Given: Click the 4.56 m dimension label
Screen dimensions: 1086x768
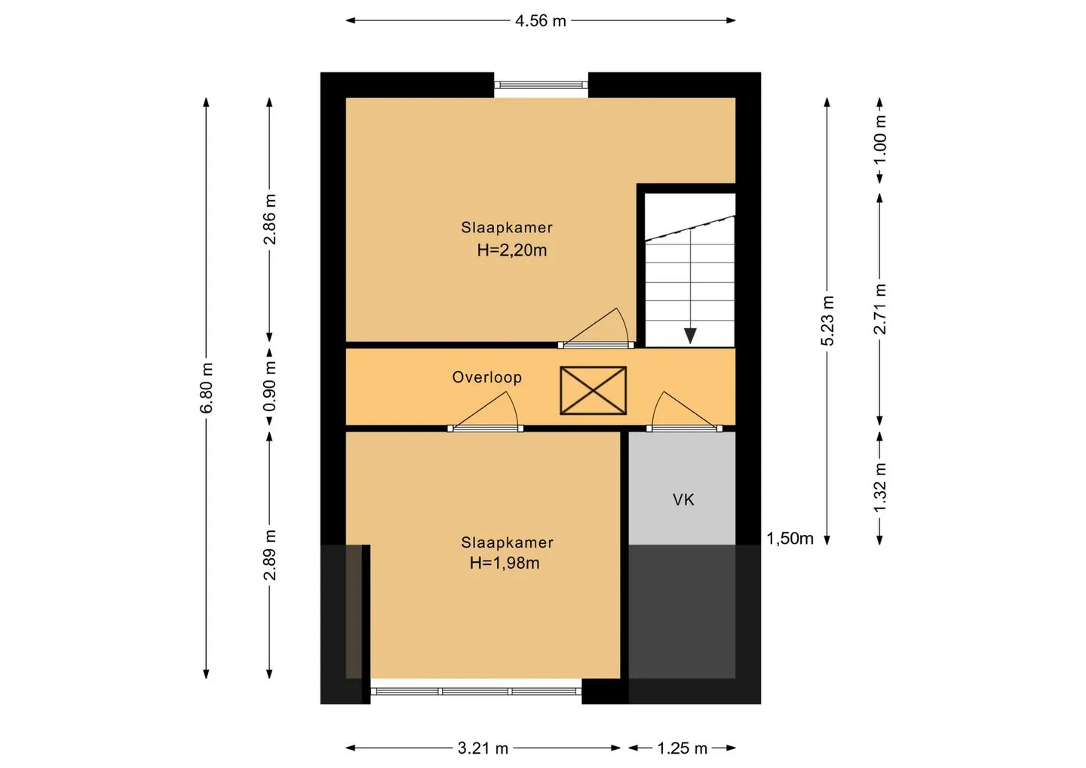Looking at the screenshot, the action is click(x=541, y=21).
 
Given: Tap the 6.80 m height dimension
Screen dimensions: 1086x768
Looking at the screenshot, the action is click(x=207, y=388).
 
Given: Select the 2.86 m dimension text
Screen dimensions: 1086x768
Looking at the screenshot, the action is click(x=269, y=219).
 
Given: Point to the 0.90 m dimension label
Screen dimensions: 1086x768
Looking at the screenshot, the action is click(x=269, y=386).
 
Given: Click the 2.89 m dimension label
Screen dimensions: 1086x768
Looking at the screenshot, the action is click(x=269, y=555).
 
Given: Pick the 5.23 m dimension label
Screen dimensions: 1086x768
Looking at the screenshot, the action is click(x=827, y=321).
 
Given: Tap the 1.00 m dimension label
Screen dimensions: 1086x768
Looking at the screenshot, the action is click(x=880, y=140).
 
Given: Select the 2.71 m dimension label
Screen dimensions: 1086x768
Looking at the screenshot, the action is click(x=880, y=309).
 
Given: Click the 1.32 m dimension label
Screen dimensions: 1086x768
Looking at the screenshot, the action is click(x=880, y=487).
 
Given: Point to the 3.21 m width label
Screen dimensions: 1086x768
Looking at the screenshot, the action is click(x=483, y=748).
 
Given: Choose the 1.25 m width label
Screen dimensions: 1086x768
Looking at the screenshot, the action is click(x=682, y=748).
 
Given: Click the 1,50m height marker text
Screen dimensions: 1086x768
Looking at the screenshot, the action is click(x=790, y=539).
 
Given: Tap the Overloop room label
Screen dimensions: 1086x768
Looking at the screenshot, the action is click(x=486, y=377).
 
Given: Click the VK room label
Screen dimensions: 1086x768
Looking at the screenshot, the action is click(x=683, y=500).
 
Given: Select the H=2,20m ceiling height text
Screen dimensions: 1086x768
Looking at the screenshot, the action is click(x=512, y=250).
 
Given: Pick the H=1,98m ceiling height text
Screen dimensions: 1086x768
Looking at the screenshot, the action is click(x=505, y=563).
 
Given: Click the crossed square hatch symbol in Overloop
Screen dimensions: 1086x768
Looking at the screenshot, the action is click(x=593, y=391).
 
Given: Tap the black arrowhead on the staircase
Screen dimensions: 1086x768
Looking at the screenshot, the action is click(x=690, y=336).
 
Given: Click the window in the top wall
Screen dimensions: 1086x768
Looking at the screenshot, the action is click(x=541, y=85).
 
